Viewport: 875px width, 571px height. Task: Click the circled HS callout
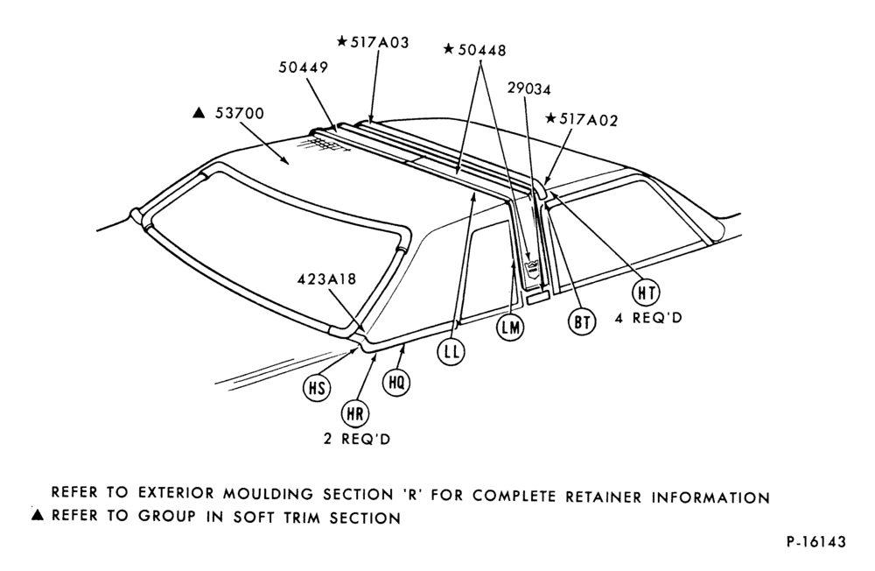[x=317, y=387]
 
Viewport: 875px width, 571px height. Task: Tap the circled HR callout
[x=355, y=413]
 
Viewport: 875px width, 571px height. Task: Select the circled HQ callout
[x=396, y=383]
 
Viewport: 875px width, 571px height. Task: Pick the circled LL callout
[x=451, y=351]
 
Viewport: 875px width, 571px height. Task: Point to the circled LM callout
[x=511, y=328]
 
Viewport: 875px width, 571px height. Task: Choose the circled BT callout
[x=582, y=322]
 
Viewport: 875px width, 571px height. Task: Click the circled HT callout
[x=647, y=293]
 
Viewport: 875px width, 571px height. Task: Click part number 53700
[x=240, y=114]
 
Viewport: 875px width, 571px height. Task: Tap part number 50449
[x=304, y=67]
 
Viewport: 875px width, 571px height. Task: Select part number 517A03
[x=380, y=42]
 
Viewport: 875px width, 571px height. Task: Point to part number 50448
[x=482, y=50]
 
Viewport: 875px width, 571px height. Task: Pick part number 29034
[x=529, y=88]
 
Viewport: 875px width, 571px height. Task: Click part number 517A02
[x=588, y=120]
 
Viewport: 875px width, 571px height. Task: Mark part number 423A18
[x=326, y=278]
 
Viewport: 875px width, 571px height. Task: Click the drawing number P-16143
[x=816, y=541]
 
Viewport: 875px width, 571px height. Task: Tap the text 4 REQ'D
[x=648, y=318]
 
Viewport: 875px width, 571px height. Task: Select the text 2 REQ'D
[x=357, y=439]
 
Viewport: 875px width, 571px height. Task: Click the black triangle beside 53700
[x=199, y=113]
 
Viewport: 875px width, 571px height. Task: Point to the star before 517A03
[x=342, y=42]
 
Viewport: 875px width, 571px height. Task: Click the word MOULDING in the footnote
[x=266, y=493]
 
